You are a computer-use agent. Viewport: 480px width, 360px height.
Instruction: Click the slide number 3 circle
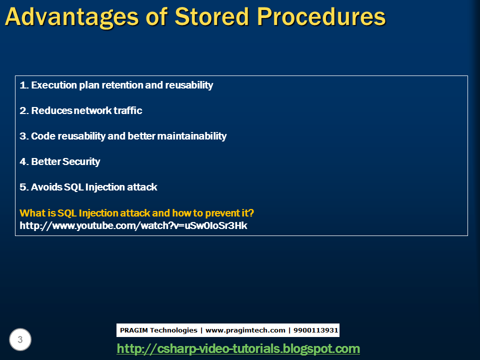pyautogui.click(x=20, y=340)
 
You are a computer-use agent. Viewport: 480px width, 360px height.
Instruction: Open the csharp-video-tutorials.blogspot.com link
pyautogui.click(x=238, y=348)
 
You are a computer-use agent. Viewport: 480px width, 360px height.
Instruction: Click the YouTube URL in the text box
pyautogui.click(x=133, y=225)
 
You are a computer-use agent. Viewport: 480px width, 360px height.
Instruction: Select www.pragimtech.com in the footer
pyautogui.click(x=245, y=330)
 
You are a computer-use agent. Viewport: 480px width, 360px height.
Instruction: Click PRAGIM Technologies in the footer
pyautogui.click(x=158, y=330)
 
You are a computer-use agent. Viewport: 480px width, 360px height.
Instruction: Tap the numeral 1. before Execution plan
pyautogui.click(x=24, y=85)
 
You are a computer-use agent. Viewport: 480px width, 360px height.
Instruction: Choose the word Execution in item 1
pyautogui.click(x=54, y=85)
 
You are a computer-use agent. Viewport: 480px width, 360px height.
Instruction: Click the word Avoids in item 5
pyautogui.click(x=46, y=187)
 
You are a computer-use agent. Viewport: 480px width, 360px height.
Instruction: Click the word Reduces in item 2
pyautogui.click(x=52, y=111)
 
